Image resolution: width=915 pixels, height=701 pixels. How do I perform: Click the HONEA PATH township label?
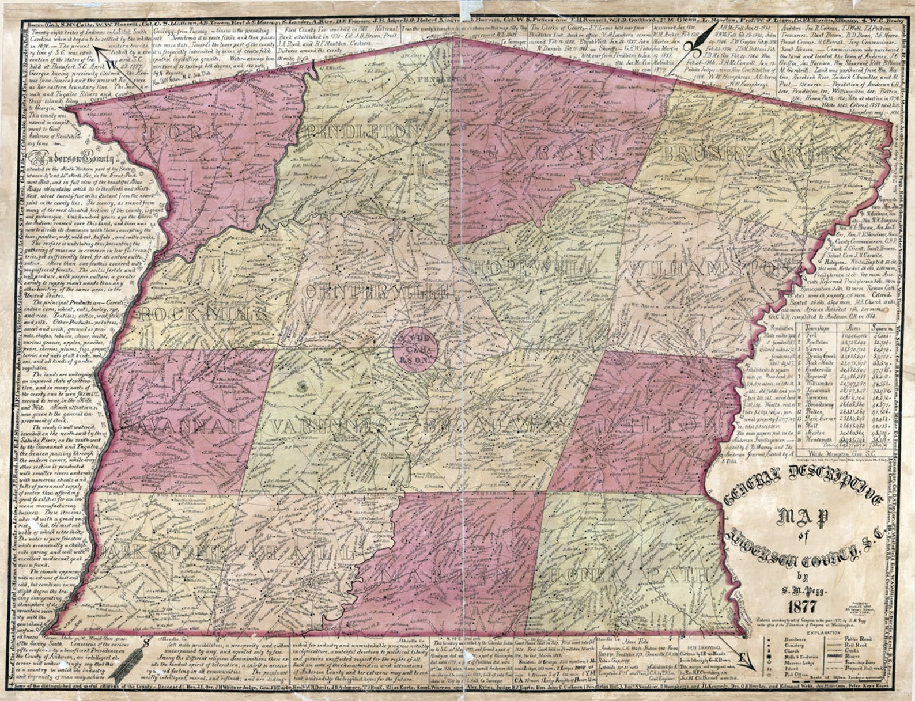(628, 574)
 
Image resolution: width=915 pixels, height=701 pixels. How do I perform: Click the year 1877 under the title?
(799, 607)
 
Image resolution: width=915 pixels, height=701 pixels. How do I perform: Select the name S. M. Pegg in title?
(799, 588)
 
